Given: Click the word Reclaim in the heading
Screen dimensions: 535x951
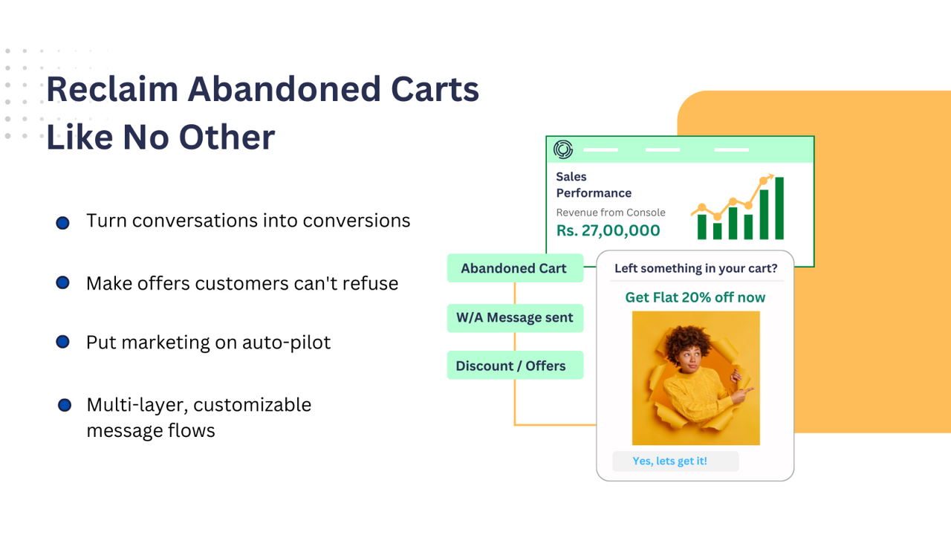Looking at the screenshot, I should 111,89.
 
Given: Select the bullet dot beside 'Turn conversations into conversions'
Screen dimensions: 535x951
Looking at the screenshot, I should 62,223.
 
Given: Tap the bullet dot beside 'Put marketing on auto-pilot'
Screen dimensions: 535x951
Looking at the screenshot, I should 62,342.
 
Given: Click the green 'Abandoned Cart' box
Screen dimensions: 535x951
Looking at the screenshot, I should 514,268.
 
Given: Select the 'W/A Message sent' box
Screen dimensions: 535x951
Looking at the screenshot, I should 514,318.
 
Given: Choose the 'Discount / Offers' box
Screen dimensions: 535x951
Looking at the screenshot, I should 514,366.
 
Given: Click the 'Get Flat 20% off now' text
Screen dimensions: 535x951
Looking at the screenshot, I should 695,297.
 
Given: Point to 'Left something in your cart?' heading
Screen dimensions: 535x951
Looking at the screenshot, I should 695,268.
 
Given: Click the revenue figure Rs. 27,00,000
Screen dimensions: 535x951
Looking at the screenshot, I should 608,230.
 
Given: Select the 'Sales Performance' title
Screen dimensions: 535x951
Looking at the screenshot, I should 593,185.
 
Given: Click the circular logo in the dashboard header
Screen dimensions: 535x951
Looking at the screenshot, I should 563,149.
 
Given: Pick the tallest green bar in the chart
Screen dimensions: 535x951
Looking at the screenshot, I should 779,210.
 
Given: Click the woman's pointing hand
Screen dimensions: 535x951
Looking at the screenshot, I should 743,392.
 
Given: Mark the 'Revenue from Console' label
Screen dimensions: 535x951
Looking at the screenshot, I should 611,213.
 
